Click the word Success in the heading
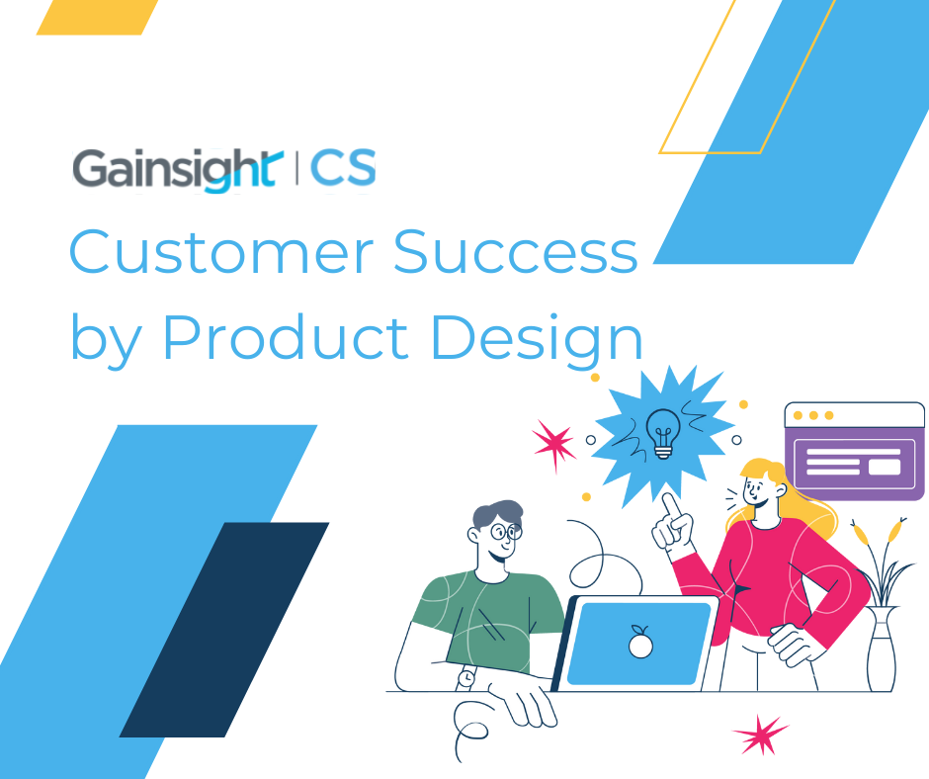(515, 253)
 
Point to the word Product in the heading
(285, 338)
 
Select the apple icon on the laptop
(640, 645)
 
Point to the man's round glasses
(506, 532)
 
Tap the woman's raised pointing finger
(670, 506)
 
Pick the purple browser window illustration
(854, 451)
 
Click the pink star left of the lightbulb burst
(553, 444)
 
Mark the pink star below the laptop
(761, 736)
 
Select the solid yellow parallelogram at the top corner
(97, 17)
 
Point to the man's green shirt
(484, 613)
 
